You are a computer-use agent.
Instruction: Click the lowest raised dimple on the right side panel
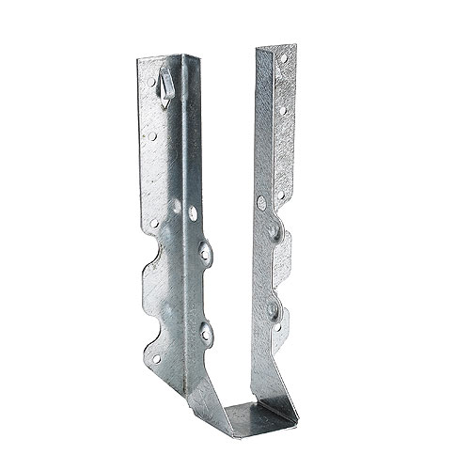[x=273, y=307]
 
